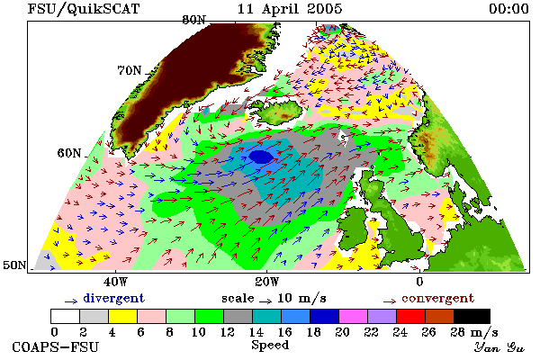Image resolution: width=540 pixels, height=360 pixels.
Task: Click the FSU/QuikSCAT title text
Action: click(x=84, y=9)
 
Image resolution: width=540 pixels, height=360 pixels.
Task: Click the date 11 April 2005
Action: click(x=290, y=9)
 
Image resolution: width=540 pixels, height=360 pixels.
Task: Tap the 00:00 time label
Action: click(x=508, y=9)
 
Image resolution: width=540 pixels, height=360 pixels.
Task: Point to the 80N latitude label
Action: click(x=193, y=20)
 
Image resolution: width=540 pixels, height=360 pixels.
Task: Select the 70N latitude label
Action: click(x=130, y=70)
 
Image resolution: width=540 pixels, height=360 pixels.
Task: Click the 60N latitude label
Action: click(x=69, y=153)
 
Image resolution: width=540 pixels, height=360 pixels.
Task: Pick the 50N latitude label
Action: click(x=14, y=265)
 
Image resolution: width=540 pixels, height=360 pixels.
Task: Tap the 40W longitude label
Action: click(x=115, y=282)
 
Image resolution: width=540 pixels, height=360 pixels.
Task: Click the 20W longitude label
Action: click(x=266, y=282)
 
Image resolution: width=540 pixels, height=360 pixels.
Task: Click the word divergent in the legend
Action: click(x=114, y=298)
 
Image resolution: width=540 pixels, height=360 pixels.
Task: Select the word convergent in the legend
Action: click(x=438, y=298)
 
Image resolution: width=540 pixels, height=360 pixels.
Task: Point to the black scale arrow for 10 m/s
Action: click(x=265, y=301)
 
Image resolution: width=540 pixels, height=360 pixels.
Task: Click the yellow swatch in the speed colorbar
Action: click(x=122, y=316)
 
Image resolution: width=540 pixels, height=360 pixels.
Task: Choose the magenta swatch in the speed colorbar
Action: click(x=353, y=316)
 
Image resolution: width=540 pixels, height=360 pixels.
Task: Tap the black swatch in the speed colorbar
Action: click(x=472, y=316)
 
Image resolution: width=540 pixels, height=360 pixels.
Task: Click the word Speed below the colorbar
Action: click(x=270, y=346)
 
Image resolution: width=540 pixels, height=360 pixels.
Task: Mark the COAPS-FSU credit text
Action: click(x=56, y=346)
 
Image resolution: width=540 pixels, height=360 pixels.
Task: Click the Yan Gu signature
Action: click(x=499, y=347)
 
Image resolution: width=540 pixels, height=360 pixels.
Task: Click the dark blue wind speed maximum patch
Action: click(x=261, y=157)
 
